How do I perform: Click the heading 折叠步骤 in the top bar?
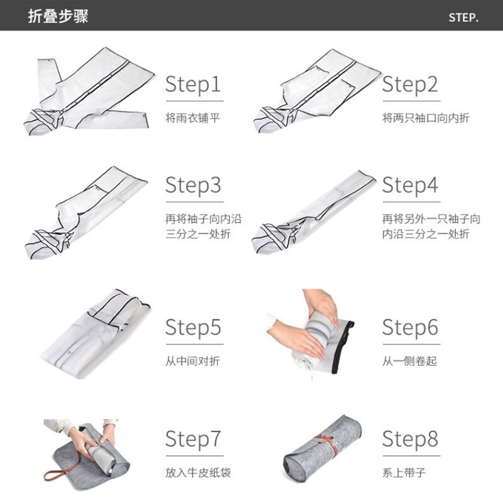pos(58,16)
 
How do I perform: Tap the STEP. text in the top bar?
pos(463,18)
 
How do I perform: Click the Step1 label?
pos(193,85)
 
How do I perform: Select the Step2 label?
pos(411,85)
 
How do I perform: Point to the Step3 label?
pos(193,185)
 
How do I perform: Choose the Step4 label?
pos(411,185)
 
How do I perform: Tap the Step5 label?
pos(193,328)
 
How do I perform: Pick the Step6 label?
pos(411,328)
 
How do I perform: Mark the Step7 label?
pos(193,439)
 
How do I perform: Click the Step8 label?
pos(411,439)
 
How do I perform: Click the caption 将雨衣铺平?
pos(193,118)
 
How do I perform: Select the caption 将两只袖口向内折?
pos(426,118)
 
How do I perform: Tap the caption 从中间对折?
pos(193,361)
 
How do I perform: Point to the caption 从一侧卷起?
pos(410,361)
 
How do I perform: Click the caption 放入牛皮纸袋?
pos(198,473)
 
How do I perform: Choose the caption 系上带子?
pos(404,473)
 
